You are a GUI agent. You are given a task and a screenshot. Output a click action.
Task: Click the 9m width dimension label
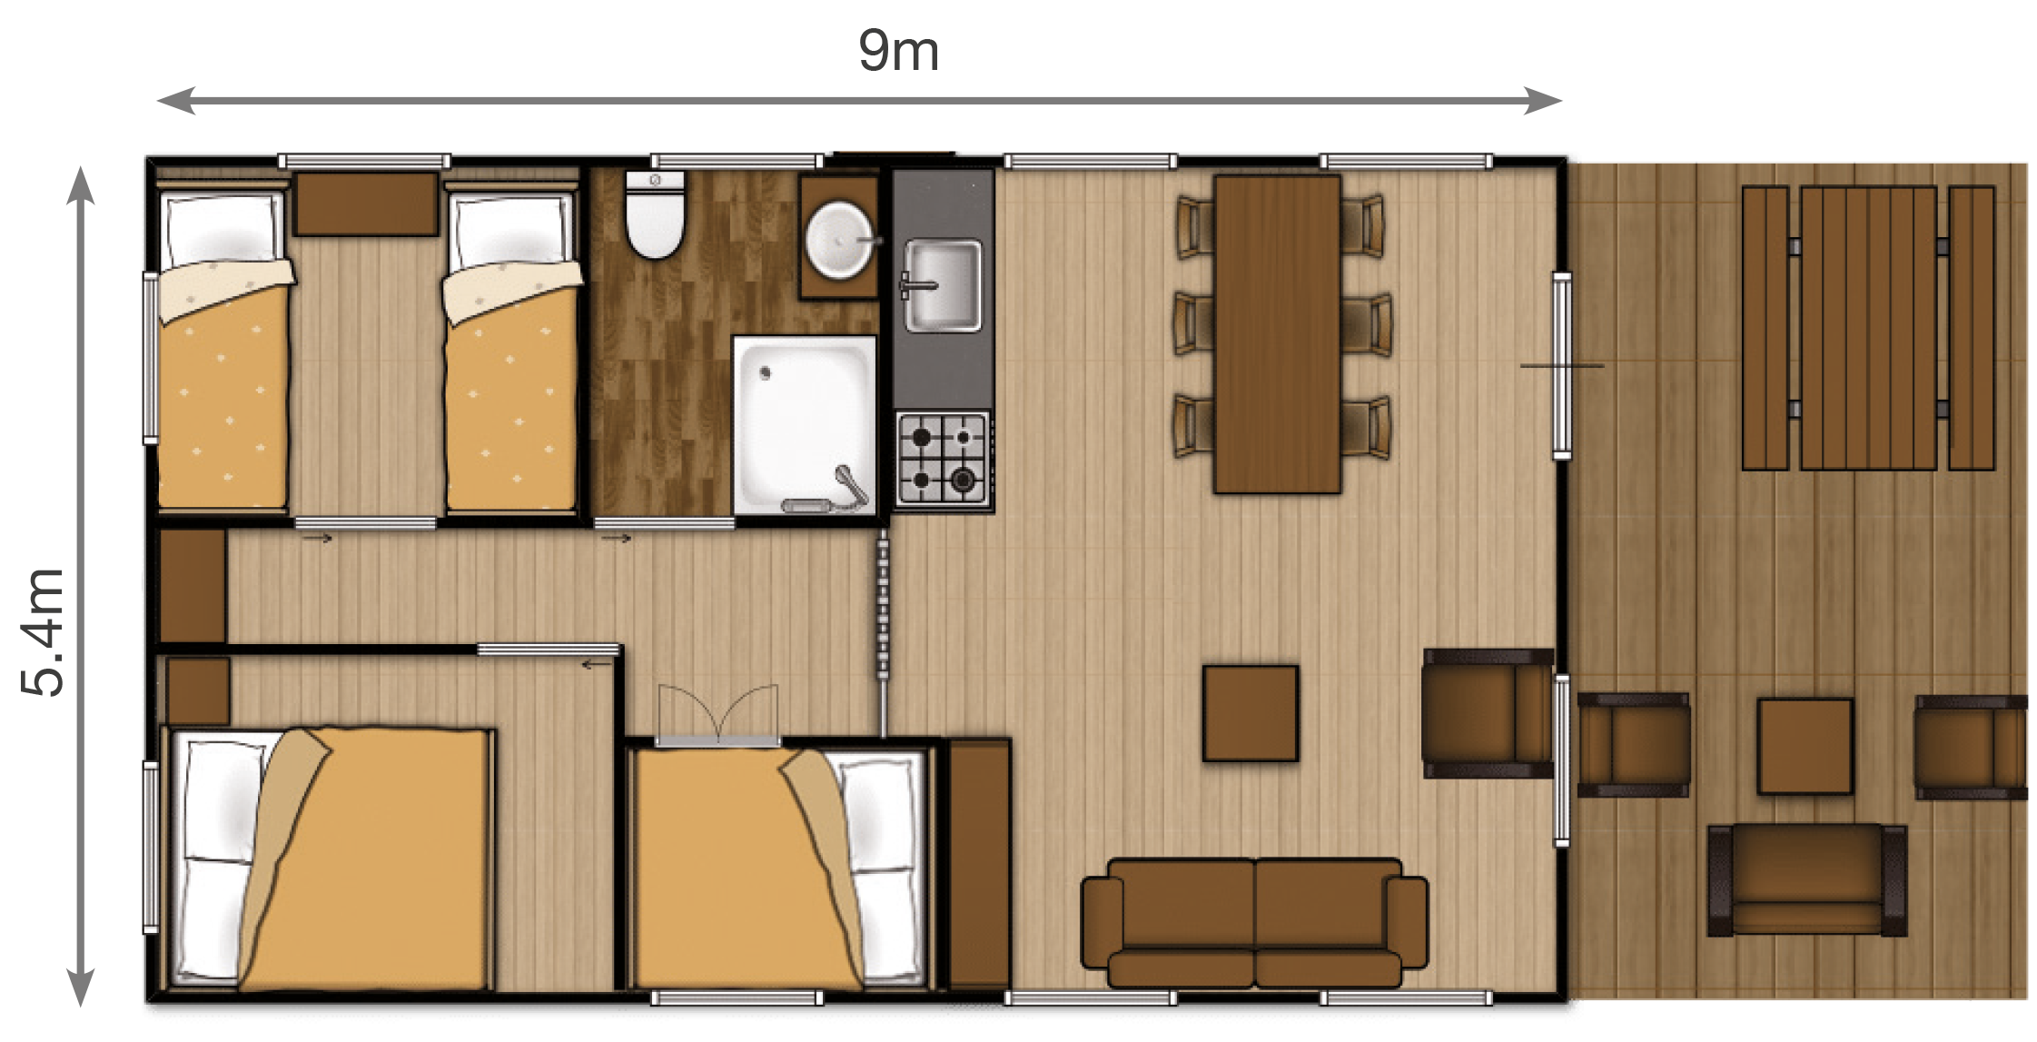pos(898,51)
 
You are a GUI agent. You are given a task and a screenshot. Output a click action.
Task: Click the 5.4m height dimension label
pos(43,633)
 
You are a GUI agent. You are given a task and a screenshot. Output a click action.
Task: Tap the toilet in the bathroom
pos(655,215)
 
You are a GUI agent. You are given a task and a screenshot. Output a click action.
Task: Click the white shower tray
pos(805,426)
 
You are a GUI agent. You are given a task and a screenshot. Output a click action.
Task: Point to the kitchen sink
pos(943,285)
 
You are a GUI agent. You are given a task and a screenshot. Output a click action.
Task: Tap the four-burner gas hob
pos(943,459)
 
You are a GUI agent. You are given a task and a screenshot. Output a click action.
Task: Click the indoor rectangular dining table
pos(1277,334)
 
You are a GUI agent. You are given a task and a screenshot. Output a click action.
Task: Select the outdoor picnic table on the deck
pos(1868,328)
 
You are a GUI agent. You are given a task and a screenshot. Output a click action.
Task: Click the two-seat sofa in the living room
pos(1254,923)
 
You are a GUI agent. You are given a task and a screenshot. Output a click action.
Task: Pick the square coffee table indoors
pos(1251,713)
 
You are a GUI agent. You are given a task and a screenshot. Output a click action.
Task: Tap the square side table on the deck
pos(1805,746)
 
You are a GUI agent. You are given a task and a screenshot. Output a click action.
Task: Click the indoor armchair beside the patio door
pos(1488,713)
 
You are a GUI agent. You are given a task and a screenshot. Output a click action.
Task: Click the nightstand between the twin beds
pos(366,203)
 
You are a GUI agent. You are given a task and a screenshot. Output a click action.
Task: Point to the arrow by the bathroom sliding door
pos(617,539)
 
